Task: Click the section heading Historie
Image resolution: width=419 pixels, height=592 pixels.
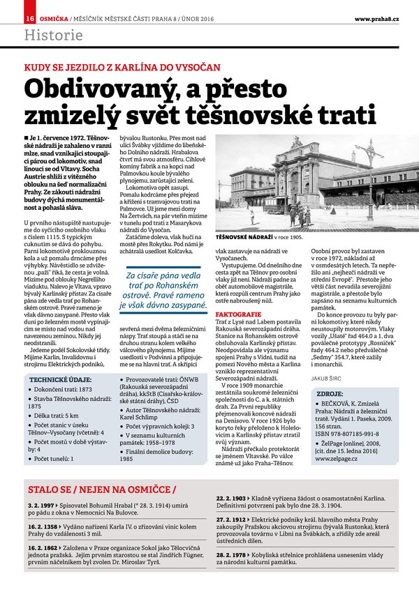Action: tap(53, 35)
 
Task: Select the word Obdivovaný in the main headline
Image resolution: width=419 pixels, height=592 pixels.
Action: tap(96, 90)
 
